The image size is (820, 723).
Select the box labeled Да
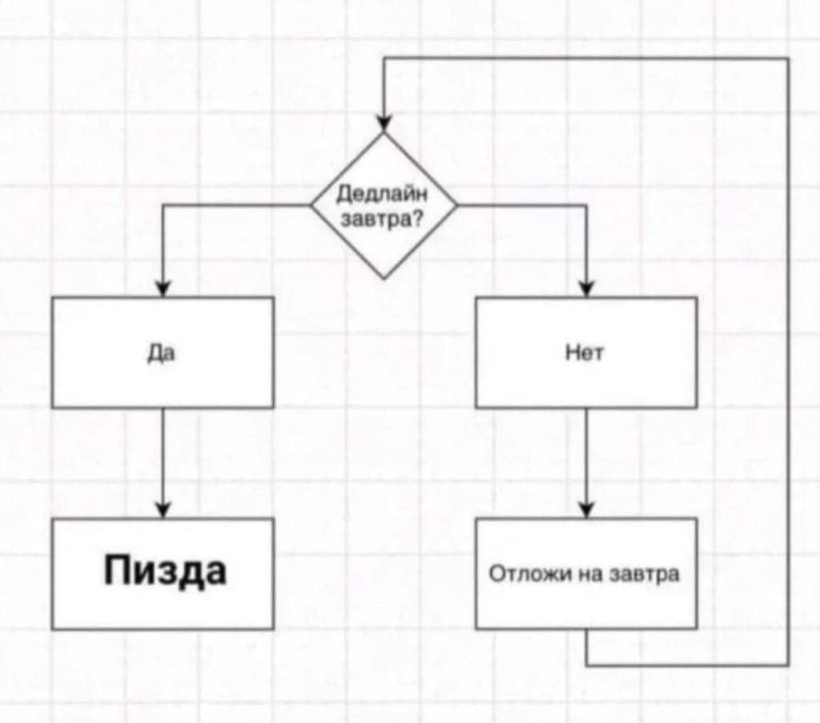point(163,352)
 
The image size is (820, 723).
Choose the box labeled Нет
point(585,352)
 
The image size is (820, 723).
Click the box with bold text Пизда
point(163,572)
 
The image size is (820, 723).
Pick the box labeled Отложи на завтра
point(585,573)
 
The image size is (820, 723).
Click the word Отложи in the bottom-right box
point(521,574)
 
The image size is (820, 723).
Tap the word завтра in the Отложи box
point(650,574)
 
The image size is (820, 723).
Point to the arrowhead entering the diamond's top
point(384,123)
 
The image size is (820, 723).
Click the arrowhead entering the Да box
point(163,289)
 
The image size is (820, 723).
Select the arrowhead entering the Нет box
point(586,289)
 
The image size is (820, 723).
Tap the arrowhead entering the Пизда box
point(163,510)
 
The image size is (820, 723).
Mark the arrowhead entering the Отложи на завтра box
point(586,510)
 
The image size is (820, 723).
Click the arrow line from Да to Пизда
point(163,457)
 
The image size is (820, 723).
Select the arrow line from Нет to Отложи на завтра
point(586,457)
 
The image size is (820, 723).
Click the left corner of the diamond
point(312,205)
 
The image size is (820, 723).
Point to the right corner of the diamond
point(456,205)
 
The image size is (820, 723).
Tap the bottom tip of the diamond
point(384,277)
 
